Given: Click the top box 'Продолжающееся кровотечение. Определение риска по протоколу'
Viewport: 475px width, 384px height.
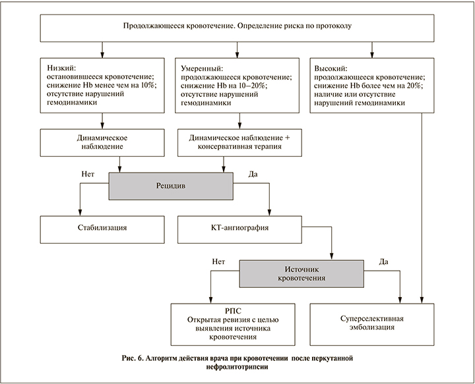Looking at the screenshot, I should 237,26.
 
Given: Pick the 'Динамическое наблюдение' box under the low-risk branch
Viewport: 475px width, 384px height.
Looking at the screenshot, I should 102,142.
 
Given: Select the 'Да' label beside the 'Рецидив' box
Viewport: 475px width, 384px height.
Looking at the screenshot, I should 251,174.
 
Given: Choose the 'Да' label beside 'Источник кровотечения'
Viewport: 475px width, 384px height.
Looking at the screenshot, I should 382,261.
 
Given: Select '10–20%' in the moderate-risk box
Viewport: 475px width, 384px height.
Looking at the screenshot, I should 269,86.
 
